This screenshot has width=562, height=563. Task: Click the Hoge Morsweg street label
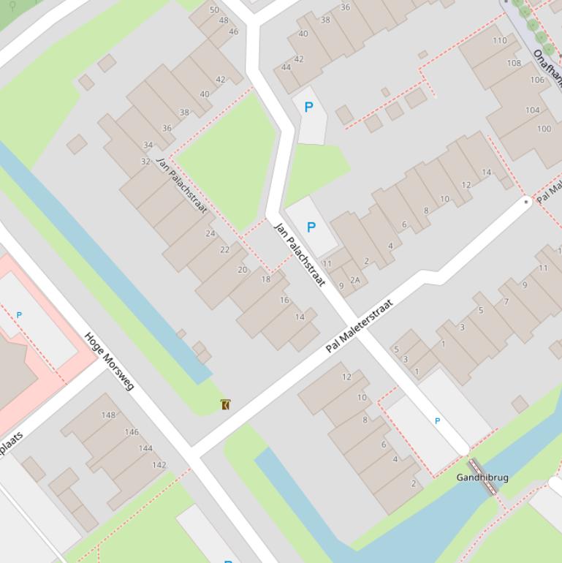click(x=110, y=361)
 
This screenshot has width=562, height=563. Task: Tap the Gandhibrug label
click(x=482, y=477)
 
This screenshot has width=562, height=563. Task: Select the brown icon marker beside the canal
click(x=226, y=404)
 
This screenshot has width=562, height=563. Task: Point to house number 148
click(x=108, y=415)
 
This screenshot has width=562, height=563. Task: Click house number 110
click(x=499, y=41)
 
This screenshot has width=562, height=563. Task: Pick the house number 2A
click(x=355, y=280)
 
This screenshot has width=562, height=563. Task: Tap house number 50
click(x=214, y=10)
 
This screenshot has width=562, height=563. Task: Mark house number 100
click(x=544, y=129)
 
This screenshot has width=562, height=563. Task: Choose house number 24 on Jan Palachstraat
click(x=210, y=234)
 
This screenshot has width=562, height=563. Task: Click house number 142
click(x=159, y=465)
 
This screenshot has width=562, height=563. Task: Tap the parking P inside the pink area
click(x=19, y=315)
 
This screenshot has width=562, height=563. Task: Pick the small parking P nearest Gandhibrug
click(x=438, y=421)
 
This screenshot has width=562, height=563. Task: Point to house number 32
click(x=145, y=162)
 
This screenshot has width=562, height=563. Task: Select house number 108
click(x=514, y=63)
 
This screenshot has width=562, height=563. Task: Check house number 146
click(x=132, y=432)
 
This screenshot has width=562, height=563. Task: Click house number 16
click(x=284, y=301)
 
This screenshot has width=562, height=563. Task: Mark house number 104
click(x=532, y=110)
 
